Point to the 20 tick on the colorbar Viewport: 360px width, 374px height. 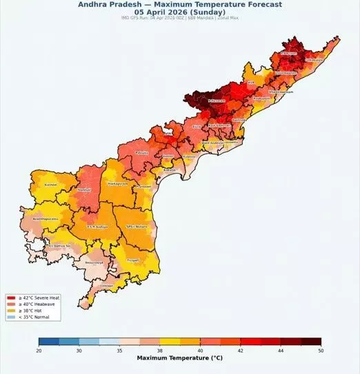[x=39, y=351]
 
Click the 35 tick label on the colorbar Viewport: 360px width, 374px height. [x=120, y=351]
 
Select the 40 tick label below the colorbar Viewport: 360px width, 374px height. [x=200, y=351]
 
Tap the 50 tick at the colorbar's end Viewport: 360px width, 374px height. [x=321, y=351]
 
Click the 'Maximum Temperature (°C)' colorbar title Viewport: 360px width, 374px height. [x=180, y=359]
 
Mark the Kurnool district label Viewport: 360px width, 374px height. [x=50, y=185]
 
